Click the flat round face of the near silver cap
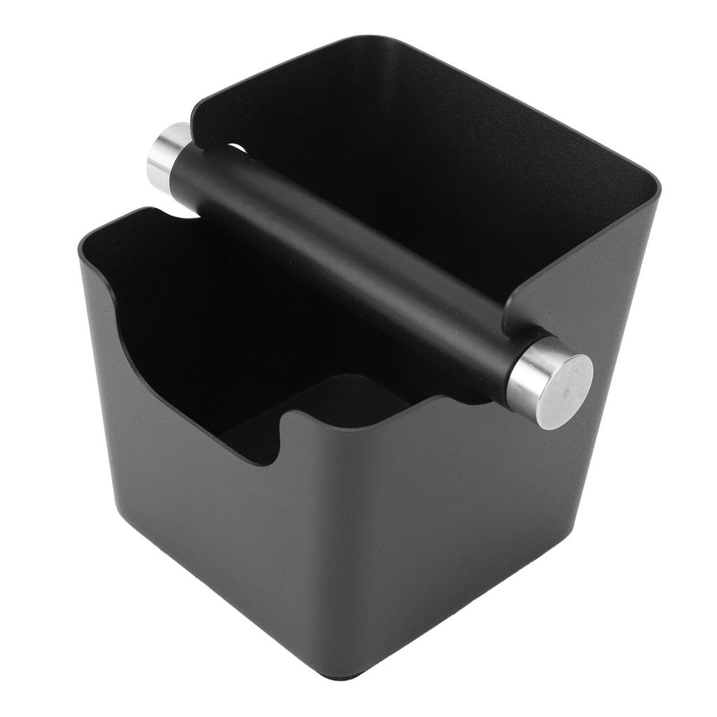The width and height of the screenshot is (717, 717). [x=568, y=389]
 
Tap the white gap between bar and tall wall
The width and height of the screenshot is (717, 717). [x=238, y=148]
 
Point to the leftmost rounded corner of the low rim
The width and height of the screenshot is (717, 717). [x=87, y=242]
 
